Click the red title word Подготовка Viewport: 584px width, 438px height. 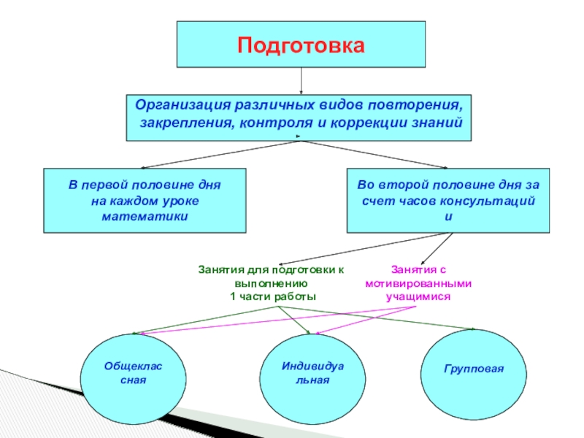click(x=300, y=45)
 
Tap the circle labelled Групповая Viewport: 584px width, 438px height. click(x=474, y=369)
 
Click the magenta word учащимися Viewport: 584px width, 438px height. click(x=418, y=297)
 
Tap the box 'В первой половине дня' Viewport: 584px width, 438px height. click(x=145, y=201)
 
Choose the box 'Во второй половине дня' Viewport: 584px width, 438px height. click(x=449, y=201)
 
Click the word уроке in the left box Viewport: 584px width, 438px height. click(x=179, y=201)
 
